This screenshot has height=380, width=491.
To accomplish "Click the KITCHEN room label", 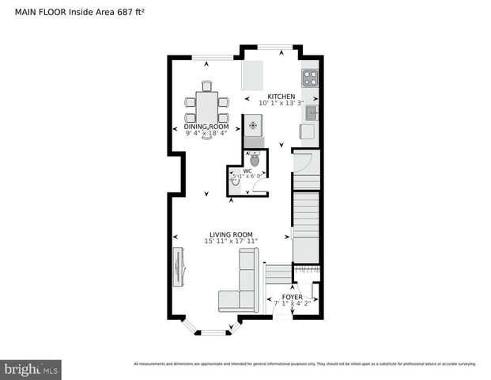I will point(281,97).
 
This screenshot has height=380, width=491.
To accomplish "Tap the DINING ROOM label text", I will point(206,127).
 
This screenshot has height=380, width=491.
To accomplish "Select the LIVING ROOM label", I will point(231,234).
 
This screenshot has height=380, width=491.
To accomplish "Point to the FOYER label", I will point(293,297).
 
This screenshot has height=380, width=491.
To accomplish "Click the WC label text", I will point(247,170).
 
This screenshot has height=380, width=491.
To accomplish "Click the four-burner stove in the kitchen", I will point(310,78).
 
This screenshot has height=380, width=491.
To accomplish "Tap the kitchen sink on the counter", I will point(312,112).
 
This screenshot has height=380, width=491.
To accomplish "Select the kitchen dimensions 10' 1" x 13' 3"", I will point(281,104).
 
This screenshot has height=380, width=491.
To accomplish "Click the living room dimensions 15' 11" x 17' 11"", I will point(231,241).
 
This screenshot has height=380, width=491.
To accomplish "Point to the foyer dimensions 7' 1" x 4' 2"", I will point(293,303).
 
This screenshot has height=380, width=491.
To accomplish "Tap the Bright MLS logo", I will point(31,369).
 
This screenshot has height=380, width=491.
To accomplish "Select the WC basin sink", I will point(235,180).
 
